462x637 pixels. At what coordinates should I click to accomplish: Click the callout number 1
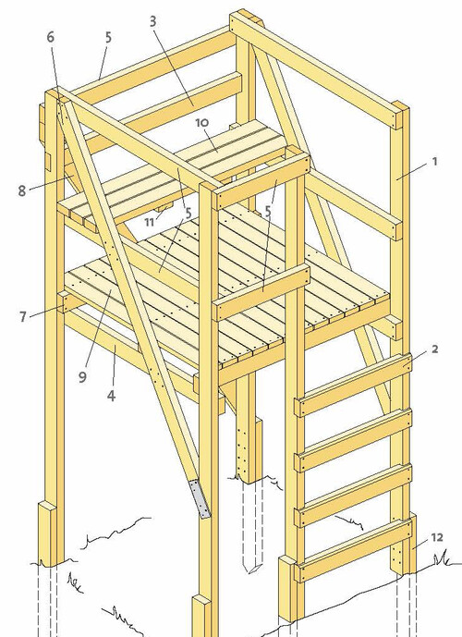click(435, 162)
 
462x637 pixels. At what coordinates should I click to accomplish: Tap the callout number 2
click(435, 349)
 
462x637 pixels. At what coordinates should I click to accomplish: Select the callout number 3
click(152, 21)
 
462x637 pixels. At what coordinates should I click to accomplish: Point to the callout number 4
click(111, 396)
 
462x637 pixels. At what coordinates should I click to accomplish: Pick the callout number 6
click(50, 37)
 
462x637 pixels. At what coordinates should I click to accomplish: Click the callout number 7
click(23, 316)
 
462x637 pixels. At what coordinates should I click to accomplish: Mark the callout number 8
click(22, 191)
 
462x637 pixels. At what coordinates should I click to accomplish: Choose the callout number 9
click(82, 377)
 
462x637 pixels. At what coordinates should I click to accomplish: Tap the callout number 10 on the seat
click(201, 122)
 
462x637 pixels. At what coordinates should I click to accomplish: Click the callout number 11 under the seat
click(150, 222)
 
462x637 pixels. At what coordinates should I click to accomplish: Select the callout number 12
click(437, 537)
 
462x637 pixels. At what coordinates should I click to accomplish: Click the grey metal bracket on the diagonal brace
click(201, 498)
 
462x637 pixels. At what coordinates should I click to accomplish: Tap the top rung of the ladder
click(353, 385)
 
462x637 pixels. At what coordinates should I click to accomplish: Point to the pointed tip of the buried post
click(250, 571)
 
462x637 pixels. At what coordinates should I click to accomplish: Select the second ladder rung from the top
click(353, 440)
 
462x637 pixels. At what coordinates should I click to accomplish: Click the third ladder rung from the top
click(353, 496)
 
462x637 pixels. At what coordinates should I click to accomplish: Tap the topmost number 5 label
click(108, 37)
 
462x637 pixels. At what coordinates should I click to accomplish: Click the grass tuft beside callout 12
click(444, 560)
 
